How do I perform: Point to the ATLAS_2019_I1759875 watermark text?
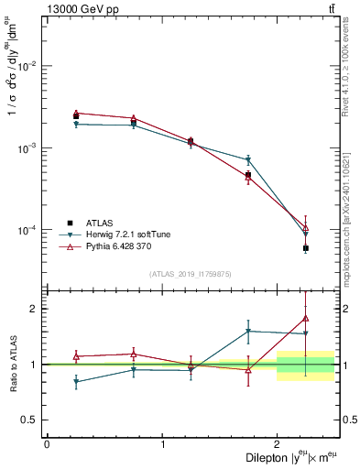click(191, 273)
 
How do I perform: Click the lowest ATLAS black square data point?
click(306, 248)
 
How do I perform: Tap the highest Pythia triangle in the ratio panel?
click(306, 319)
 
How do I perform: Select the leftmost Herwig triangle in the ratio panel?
click(76, 382)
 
